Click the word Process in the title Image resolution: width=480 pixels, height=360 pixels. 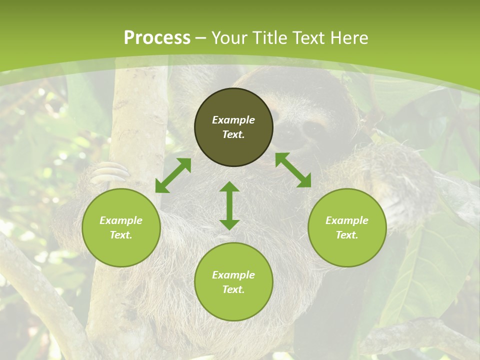pos(157,38)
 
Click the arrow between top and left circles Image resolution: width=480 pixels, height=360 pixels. pos(173,175)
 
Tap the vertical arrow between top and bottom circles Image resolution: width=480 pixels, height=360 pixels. pos(229,205)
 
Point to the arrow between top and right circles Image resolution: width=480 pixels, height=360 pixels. pos(293,170)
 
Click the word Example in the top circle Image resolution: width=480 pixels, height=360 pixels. pos(233,120)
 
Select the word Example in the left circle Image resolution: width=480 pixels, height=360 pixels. pos(121,220)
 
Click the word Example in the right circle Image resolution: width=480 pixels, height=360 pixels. pos(347,220)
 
